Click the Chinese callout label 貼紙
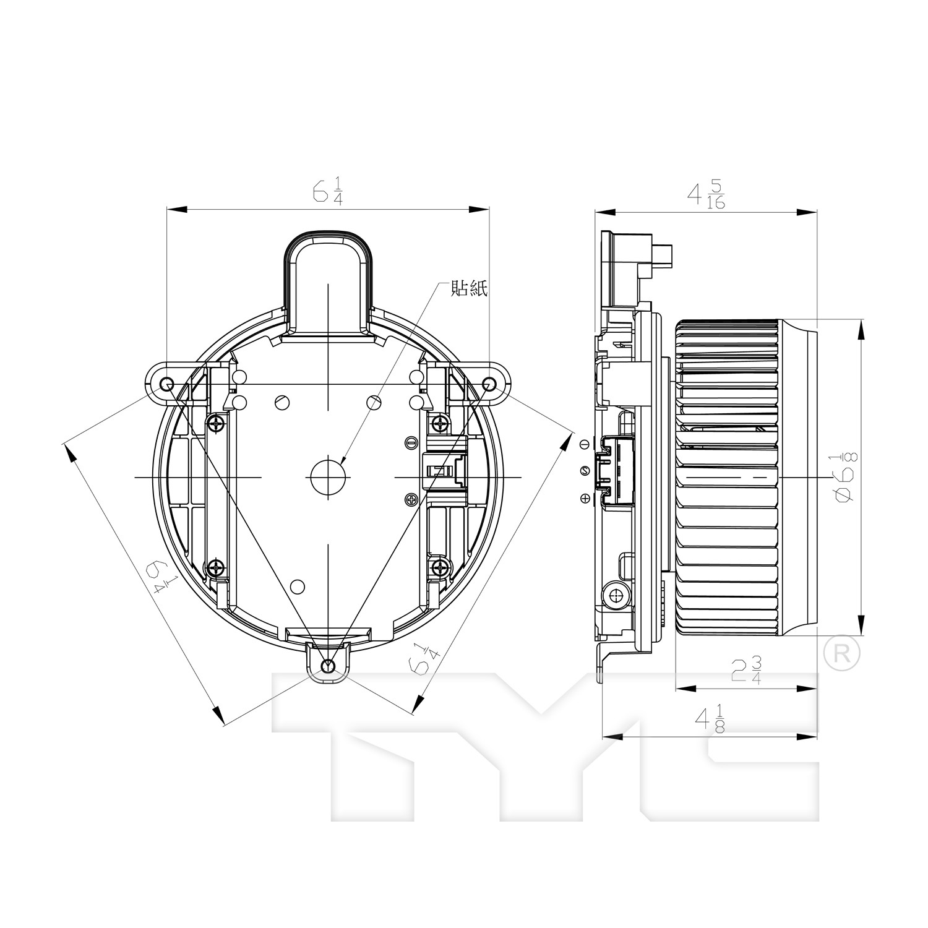pos(470,288)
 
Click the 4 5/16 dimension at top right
pos(706,195)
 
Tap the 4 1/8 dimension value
pos(710,720)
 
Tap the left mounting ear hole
pos(166,384)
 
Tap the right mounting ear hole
pos(489,384)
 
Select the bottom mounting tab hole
pos(328,666)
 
